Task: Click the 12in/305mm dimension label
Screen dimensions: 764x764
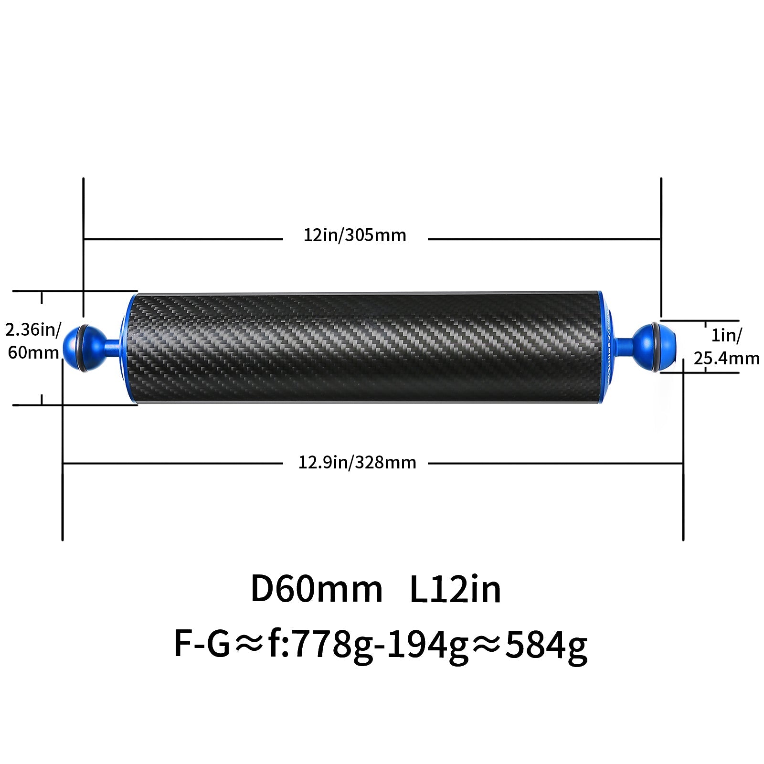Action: point(355,235)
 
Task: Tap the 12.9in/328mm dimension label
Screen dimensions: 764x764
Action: point(357,463)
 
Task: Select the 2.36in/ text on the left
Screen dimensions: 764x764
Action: point(33,329)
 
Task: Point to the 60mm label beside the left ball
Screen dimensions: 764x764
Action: point(33,352)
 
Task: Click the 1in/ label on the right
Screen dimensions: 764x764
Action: point(727,335)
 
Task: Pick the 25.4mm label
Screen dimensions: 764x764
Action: point(726,358)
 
